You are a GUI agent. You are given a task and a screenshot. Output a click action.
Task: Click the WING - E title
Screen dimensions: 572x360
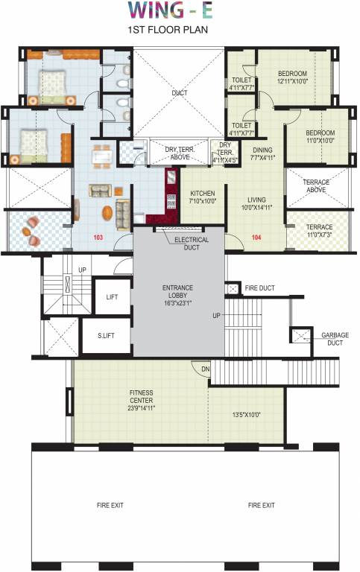point(179,10)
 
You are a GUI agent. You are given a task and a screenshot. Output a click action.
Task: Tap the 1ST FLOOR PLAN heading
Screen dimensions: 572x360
point(179,32)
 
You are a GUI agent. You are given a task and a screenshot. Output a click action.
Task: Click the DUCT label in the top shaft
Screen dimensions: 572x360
point(179,93)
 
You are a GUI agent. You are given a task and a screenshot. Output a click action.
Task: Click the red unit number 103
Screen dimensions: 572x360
point(98,237)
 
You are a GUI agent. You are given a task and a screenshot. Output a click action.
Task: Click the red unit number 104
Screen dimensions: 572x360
point(257,237)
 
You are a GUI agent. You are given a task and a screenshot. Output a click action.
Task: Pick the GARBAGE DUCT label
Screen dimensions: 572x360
point(335,340)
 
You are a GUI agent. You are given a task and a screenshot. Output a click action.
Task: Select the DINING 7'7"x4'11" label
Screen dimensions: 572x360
point(262,153)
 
